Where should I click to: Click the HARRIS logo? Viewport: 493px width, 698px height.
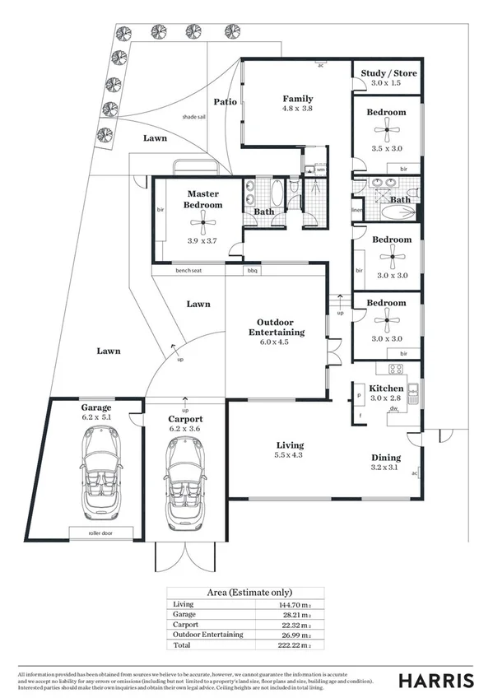coord(436,680)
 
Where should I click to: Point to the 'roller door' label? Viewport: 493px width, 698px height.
coord(102,533)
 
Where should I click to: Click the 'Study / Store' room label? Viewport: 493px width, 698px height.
coord(388,73)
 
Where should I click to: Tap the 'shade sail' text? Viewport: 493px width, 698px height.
coord(194,117)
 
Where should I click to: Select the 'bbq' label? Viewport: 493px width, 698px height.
coord(251,270)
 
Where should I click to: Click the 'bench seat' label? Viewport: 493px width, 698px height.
coord(188,270)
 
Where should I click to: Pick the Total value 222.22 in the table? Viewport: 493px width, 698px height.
coord(295,647)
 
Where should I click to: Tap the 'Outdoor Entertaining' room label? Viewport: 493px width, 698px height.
coord(277,327)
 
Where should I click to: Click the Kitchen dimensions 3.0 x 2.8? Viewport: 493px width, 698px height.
coord(386,398)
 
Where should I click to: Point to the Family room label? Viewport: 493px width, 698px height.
coord(298,99)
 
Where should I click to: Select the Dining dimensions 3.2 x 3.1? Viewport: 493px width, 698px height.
coord(386,468)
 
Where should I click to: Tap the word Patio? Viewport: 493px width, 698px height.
coord(226,102)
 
